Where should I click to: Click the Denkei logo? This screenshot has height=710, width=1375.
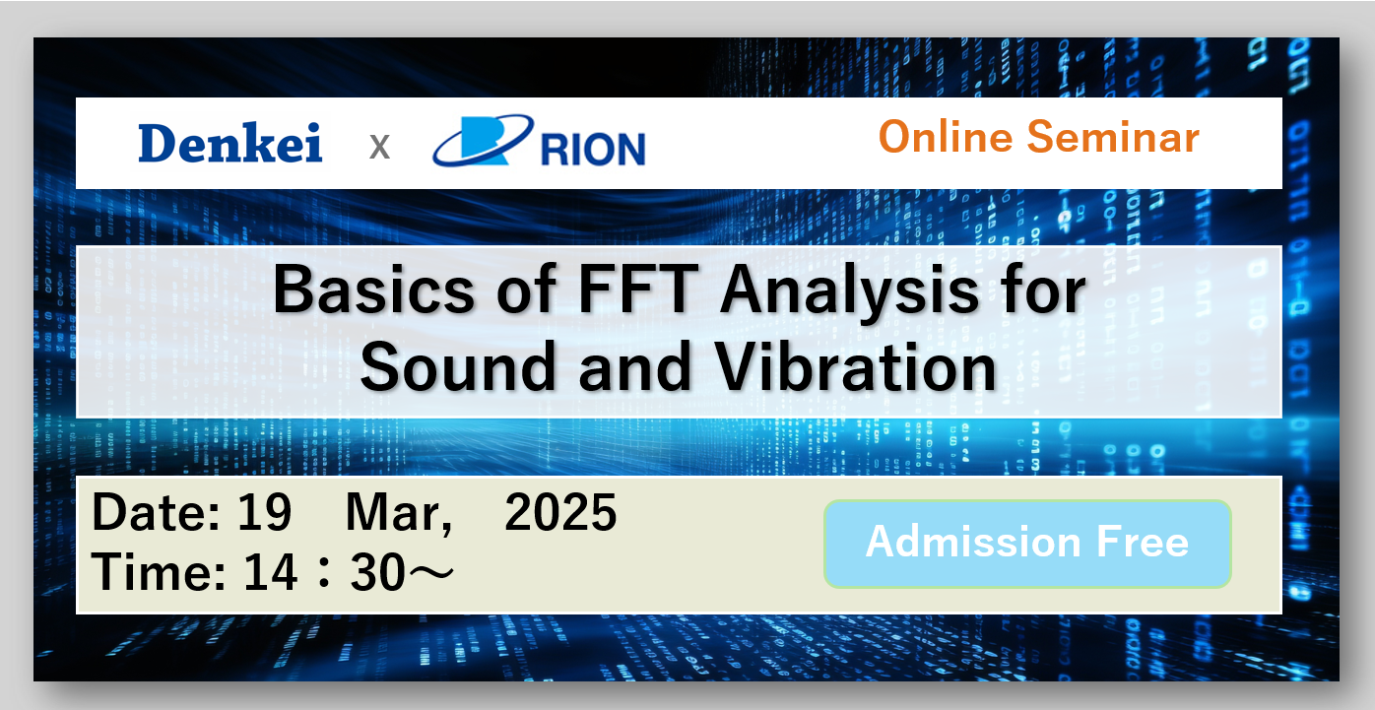pos(230,143)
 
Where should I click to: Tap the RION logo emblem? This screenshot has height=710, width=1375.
pos(483,140)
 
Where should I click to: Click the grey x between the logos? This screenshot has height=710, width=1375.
pos(379,148)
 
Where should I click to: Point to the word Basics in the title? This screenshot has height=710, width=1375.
pos(373,290)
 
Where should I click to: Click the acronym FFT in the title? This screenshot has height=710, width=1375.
pos(638,289)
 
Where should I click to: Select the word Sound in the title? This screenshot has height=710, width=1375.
pos(458,367)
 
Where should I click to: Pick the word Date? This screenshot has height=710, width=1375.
pos(157,512)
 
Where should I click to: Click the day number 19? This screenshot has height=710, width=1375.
pos(265,512)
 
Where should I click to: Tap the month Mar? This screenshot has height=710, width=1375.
pos(399,514)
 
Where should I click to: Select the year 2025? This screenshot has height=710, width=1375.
pos(560,512)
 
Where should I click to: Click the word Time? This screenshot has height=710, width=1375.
pos(159,572)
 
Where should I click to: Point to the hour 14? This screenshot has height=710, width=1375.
pos(271,572)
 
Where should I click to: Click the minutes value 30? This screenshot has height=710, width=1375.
pos(378,572)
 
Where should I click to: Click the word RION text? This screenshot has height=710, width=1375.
pos(593,149)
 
